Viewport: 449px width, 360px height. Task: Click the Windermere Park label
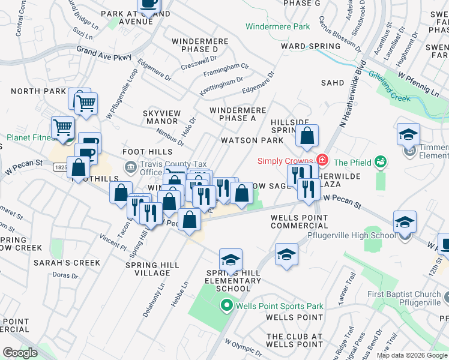click(x=278, y=26)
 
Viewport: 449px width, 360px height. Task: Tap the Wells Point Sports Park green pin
click(x=226, y=307)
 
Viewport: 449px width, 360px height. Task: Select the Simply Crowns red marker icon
click(x=322, y=160)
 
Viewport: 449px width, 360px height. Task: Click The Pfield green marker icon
click(x=379, y=161)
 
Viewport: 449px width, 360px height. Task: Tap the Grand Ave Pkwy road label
click(x=104, y=54)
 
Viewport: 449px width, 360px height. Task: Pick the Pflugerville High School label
click(x=358, y=236)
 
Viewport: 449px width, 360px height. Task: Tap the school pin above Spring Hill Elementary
click(x=231, y=260)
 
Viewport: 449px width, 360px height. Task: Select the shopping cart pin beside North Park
click(x=86, y=103)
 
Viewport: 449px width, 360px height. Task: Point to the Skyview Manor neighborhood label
click(x=160, y=117)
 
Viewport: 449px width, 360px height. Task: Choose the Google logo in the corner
click(x=20, y=353)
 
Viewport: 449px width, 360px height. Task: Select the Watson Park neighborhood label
click(x=252, y=140)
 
